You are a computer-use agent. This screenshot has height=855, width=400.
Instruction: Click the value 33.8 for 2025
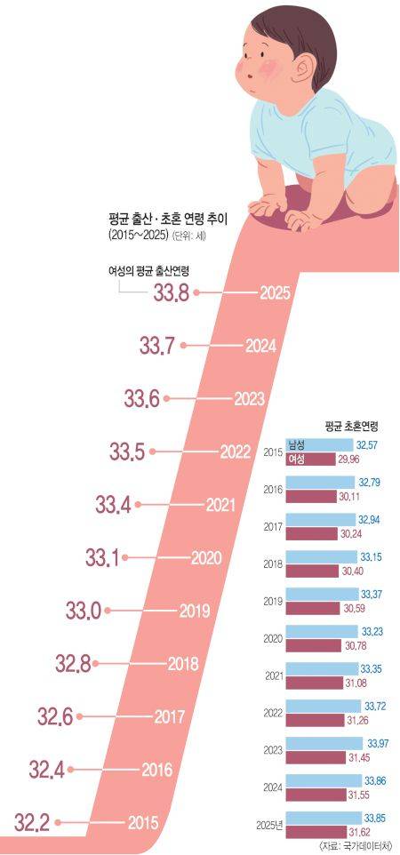click(x=171, y=292)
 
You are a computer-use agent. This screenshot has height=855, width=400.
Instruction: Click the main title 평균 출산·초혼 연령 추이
click(x=165, y=220)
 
